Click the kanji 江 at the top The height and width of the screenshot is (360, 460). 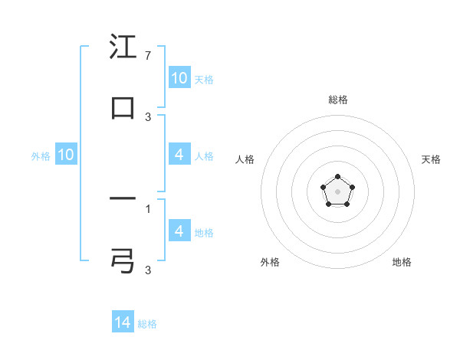coord(123,48)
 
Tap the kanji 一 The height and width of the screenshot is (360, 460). coord(123,201)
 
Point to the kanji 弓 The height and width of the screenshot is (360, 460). coord(123,260)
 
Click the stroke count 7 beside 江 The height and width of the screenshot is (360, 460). coord(148,57)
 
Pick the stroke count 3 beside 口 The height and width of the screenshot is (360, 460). coord(148,116)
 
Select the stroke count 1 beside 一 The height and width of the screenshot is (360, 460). coord(148,208)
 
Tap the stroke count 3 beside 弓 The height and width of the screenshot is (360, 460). coord(148,269)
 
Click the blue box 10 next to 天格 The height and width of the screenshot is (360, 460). coord(179,78)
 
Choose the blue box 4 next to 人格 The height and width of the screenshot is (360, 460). coord(179,155)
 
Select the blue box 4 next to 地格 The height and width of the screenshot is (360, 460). coord(179,231)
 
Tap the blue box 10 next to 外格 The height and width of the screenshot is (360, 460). coord(66,155)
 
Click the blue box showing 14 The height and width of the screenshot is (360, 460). coord(123,323)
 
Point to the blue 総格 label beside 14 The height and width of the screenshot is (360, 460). coord(147,324)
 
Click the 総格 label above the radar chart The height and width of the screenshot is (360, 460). coord(338,100)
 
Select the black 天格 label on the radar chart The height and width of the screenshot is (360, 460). coord(432,159)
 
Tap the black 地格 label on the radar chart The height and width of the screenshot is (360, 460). coord(402,262)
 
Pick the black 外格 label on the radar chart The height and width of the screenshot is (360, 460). coord(270,262)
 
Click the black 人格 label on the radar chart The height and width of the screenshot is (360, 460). coord(245,159)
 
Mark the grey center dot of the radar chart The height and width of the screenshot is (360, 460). coord(338,191)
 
